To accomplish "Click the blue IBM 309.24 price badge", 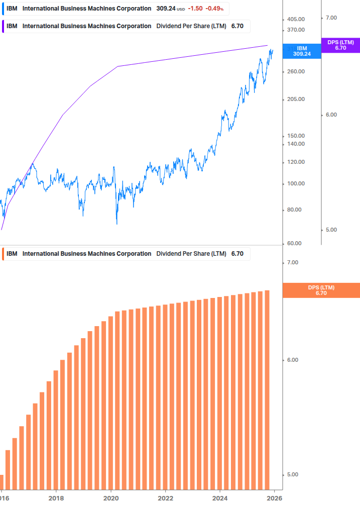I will pos(302,51).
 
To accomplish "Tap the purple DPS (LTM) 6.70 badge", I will pos(340,45).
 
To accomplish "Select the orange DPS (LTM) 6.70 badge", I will pos(321,290).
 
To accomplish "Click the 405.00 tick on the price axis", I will pos(295,19).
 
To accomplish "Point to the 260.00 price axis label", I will pos(295,72).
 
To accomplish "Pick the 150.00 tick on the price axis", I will pos(295,136).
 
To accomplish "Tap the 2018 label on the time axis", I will pos(56,498).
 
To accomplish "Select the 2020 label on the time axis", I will pos(111,498).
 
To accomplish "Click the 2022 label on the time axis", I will pos(166,498).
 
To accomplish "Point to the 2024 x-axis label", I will pos(220,498).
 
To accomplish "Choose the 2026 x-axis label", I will pos(274,498).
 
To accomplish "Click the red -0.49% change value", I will pos(214,9).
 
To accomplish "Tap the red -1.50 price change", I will pos(195,9).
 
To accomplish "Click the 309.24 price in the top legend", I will pos(165,9).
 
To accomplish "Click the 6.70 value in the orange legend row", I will pos(237,254).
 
